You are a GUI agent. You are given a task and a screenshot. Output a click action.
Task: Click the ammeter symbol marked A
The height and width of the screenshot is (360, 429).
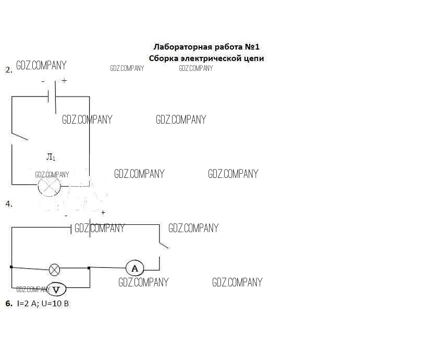click(134, 268)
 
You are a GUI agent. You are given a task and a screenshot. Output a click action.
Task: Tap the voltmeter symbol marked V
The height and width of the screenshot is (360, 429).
click(56, 290)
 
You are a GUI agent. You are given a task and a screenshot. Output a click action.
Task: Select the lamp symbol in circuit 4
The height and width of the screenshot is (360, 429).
click(54, 270)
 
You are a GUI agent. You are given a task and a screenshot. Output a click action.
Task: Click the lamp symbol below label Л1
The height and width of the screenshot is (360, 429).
click(49, 186)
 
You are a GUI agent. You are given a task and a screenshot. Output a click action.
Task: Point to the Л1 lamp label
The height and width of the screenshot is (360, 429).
click(51, 157)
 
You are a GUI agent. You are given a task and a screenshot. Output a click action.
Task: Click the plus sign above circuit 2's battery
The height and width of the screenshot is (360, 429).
click(64, 80)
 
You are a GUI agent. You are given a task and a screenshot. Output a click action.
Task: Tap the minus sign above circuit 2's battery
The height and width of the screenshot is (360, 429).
click(43, 81)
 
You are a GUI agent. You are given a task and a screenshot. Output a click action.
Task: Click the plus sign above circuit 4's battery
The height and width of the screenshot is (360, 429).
click(103, 212)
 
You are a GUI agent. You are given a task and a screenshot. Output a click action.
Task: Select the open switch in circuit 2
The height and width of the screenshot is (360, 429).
click(19, 136)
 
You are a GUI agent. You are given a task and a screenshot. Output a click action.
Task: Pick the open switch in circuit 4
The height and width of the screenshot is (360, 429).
click(163, 245)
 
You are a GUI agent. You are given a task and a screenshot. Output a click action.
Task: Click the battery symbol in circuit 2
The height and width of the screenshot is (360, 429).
click(52, 97)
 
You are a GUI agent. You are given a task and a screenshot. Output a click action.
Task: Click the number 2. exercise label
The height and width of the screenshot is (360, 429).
click(9, 70)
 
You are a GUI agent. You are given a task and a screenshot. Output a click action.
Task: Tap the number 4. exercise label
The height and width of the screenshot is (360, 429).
click(9, 204)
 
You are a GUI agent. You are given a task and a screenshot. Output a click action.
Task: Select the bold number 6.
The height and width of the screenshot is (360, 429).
click(9, 303)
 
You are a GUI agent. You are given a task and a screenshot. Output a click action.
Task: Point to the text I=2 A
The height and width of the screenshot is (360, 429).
click(27, 303)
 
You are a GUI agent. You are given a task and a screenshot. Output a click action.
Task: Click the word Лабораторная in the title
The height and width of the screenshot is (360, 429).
click(182, 47)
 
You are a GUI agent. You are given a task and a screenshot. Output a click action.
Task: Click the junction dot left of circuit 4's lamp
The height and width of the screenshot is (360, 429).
click(11, 267)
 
